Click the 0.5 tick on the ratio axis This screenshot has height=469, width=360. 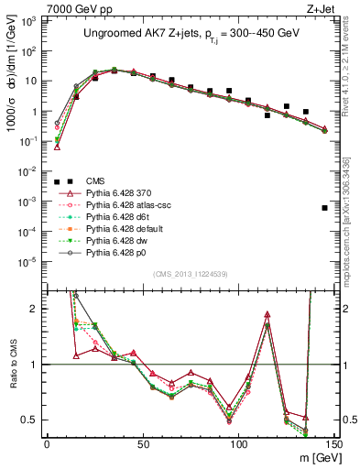pyautogui.click(x=30, y=420)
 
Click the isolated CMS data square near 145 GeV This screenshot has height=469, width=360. pyautogui.click(x=325, y=208)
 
